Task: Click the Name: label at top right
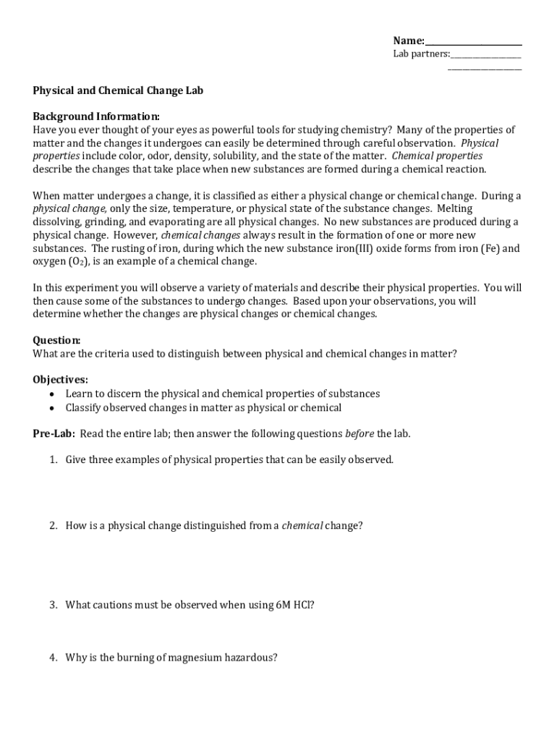tap(409, 41)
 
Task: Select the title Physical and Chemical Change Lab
tap(118, 90)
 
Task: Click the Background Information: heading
tap(96, 117)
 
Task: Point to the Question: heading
tap(56, 340)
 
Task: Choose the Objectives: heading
tap(61, 380)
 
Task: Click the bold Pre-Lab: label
tap(54, 433)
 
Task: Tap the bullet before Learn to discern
tap(51, 394)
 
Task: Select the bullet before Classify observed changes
tap(51, 407)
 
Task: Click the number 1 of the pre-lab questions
tap(53, 460)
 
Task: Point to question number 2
tap(53, 525)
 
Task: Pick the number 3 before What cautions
tap(53, 604)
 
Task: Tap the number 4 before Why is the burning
tap(53, 658)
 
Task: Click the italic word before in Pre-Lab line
tap(360, 433)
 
